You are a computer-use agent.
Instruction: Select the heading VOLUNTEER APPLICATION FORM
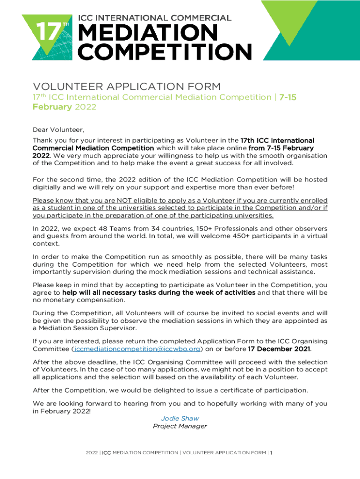tap(126, 87)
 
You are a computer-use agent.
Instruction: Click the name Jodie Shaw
tap(180, 418)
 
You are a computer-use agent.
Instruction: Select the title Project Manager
tap(180, 426)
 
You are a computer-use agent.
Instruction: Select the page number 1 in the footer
tap(271, 453)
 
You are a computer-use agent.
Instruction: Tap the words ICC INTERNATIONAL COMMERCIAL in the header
tap(154, 18)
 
